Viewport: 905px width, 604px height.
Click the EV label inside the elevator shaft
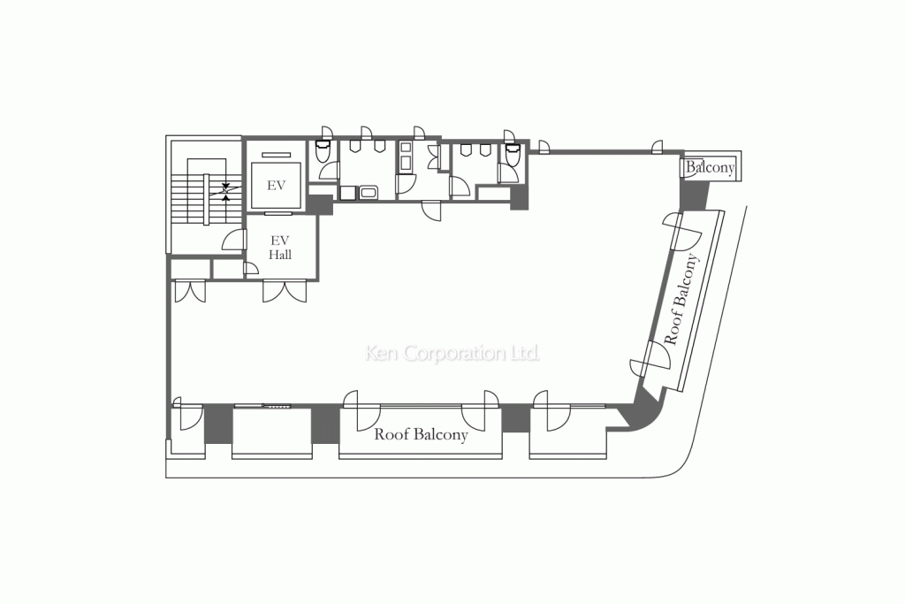point(276,186)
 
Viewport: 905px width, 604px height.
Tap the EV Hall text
point(281,248)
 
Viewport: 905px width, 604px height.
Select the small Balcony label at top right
point(710,167)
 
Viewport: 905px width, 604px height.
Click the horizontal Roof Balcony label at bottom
point(421,435)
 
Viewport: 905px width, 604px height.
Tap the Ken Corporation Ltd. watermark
point(452,354)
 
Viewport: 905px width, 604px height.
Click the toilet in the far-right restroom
point(510,157)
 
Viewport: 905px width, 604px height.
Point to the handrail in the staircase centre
point(205,200)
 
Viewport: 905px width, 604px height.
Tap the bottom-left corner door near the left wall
point(187,415)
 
